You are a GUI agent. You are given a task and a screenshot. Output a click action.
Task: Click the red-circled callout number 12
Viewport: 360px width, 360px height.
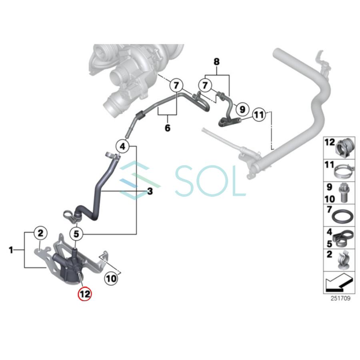click(85, 294)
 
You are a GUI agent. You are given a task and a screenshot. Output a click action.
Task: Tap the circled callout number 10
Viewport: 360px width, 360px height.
click(112, 277)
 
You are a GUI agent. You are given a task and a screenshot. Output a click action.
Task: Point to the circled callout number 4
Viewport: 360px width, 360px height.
click(122, 146)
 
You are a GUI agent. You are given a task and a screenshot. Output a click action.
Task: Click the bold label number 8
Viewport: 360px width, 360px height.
click(216, 62)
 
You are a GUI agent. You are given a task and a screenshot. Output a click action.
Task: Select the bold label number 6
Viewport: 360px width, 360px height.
click(167, 128)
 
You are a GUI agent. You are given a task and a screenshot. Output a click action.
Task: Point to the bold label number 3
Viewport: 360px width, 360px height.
click(150, 192)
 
